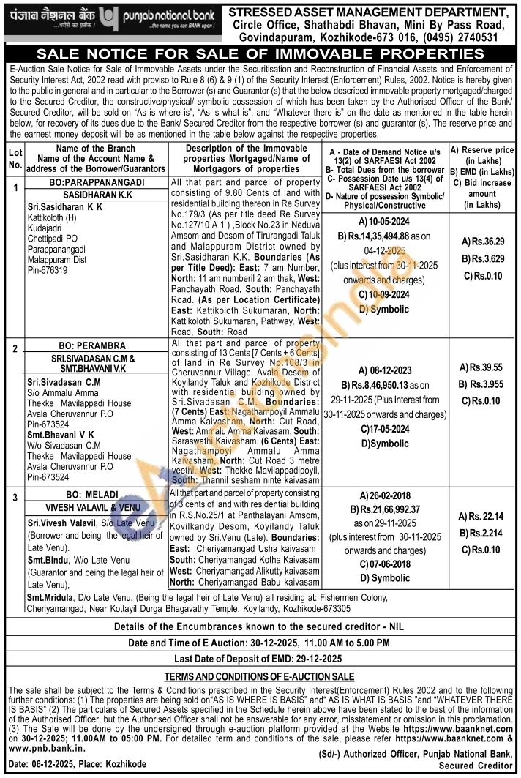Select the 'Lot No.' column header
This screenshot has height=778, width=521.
coord(14,159)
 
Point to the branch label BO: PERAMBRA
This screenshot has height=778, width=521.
coord(94,345)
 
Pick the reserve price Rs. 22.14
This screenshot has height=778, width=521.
coord(484,517)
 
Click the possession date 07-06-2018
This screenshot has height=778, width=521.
coord(383,564)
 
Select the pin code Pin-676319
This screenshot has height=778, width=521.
coord(47,270)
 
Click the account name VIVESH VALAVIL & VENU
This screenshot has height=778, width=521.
coord(94,506)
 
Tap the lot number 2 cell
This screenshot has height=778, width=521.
coord(14,348)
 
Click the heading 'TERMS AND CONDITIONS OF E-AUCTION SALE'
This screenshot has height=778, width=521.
coord(259,676)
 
